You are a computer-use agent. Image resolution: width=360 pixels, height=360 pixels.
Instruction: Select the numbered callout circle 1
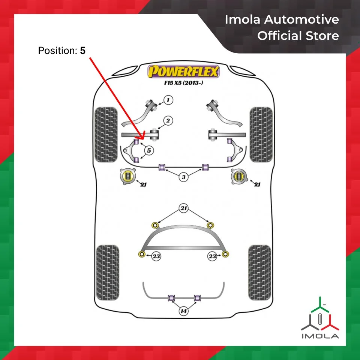tap(168, 100)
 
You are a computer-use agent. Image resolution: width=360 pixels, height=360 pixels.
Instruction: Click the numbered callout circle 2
tap(168, 120)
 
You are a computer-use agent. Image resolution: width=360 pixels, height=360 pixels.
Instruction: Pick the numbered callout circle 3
tap(183, 177)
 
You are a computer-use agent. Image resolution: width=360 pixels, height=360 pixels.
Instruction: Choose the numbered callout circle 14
tap(183, 311)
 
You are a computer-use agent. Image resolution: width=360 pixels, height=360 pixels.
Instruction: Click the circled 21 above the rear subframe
tap(183, 208)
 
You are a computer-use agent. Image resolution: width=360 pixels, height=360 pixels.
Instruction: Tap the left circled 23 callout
tap(156, 256)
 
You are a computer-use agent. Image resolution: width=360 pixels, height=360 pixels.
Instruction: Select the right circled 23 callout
tap(212, 256)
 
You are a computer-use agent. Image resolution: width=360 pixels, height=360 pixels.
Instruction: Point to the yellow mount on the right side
tap(237, 176)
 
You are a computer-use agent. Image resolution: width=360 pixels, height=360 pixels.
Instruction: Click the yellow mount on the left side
tap(128, 177)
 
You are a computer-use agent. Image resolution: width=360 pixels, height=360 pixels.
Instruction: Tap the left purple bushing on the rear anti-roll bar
tap(172, 298)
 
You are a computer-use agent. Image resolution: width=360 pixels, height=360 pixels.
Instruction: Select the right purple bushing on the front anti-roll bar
tap(205, 167)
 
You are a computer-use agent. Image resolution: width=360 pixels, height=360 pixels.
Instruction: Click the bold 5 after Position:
tap(82, 51)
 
